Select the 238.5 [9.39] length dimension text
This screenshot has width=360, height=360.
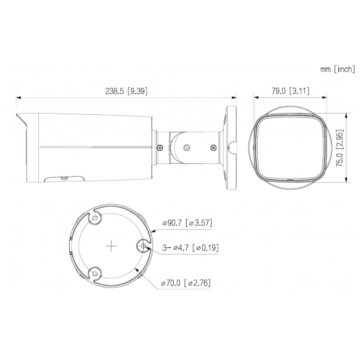tap(125, 91)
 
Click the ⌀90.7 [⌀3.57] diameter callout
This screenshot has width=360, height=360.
tap(188, 223)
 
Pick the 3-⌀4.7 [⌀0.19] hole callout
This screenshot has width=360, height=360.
tap(190, 248)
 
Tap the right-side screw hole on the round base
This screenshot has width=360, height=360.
tap(144, 246)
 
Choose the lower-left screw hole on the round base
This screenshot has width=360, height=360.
tap(95, 273)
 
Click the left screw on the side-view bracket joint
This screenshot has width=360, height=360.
tap(159, 146)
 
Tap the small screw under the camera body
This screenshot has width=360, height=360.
tap(62, 178)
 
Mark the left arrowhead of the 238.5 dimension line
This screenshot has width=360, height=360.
tap(17, 97)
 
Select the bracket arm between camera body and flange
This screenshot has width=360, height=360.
tap(188, 144)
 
